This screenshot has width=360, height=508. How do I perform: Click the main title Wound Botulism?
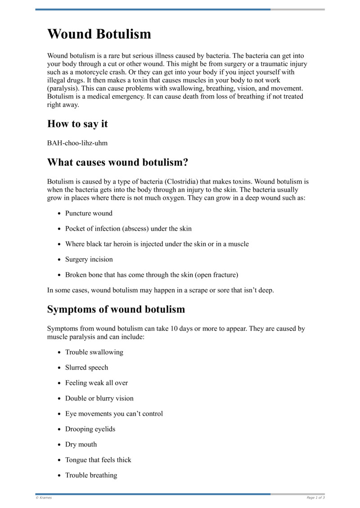coord(99,34)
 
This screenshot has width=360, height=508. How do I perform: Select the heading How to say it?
coord(77,124)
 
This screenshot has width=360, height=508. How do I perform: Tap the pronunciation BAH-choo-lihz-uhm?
coord(77,143)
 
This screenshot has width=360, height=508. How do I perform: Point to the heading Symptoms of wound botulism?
coord(116,309)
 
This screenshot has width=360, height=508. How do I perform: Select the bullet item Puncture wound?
coord(89,213)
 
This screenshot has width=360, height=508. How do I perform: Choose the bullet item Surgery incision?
coord(89,259)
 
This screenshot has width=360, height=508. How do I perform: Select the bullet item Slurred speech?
coord(86,367)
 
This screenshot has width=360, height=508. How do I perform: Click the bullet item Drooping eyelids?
coord(90,429)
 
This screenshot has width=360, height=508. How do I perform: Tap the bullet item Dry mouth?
coord(81,444)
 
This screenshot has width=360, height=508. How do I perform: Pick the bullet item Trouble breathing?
coord(91,475)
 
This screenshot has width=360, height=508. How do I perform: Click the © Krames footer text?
coord(44,498)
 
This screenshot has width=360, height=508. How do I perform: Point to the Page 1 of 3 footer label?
coord(315,498)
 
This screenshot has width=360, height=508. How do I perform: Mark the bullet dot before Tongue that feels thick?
coord(59,460)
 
